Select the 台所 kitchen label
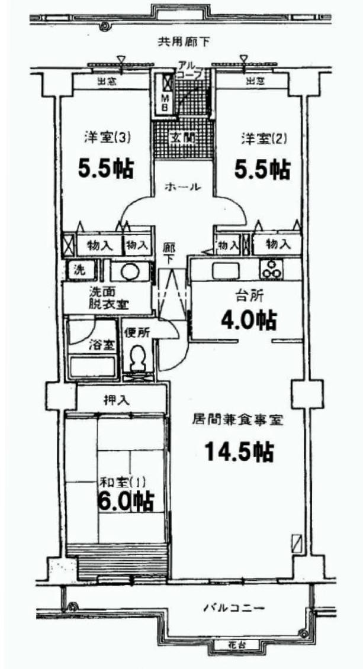click(x=249, y=295)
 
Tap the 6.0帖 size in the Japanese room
click(x=126, y=502)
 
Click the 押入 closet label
click(x=117, y=400)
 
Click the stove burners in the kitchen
click(x=272, y=270)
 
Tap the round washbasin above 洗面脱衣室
click(x=129, y=272)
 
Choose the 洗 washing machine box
click(x=79, y=270)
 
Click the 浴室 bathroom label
click(x=97, y=345)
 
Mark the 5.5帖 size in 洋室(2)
click(x=262, y=170)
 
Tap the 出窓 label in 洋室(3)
click(x=107, y=82)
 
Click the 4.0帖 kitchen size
click(x=249, y=320)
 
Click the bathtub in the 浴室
click(x=92, y=367)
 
